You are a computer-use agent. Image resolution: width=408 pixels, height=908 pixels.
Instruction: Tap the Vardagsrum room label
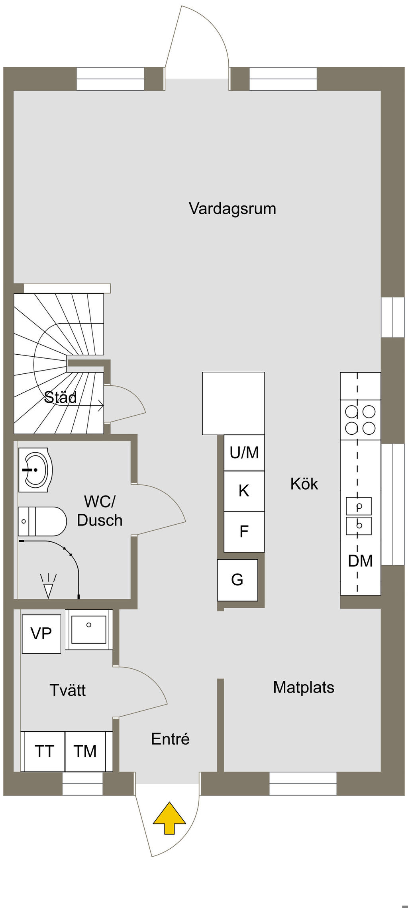232,209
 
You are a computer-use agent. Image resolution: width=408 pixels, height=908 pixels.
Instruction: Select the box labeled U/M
244,453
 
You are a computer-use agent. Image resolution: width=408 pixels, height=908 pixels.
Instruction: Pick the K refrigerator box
244,491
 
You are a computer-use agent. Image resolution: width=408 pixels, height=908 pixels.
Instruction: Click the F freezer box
244,531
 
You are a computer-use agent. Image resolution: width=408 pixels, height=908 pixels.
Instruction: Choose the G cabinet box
237,580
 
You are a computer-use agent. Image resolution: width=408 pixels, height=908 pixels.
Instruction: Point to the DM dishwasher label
360,561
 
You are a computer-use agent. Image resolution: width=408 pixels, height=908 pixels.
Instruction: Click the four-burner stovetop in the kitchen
360,420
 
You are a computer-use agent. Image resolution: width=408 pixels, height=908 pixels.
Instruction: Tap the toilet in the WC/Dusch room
42,521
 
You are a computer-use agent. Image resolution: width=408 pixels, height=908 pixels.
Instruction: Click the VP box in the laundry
41,634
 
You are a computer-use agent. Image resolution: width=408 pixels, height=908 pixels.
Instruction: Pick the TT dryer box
44,752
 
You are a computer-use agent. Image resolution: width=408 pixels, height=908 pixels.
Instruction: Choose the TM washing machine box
85,752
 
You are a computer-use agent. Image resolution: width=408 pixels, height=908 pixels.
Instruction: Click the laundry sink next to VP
89,630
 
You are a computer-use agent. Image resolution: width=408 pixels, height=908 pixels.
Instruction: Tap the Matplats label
304,687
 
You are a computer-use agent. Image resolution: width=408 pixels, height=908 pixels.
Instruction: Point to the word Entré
170,739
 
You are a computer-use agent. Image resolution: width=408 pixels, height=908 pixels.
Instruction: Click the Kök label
304,484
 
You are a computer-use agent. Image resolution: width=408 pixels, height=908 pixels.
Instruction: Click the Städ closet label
61,397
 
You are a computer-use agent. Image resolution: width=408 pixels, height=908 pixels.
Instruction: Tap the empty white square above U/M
233,403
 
